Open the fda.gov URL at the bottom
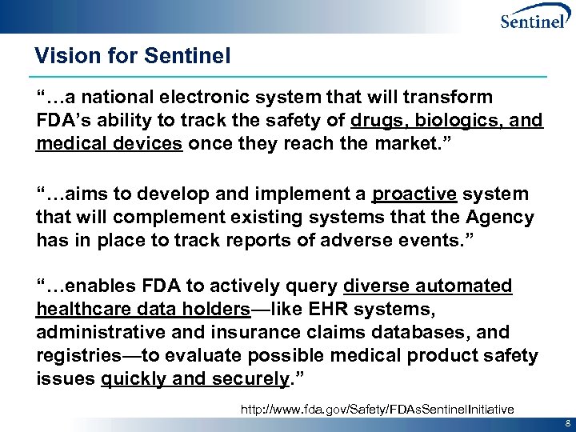[377, 409]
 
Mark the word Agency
[502, 218]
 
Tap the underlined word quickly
[133, 378]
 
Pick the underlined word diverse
[378, 286]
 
